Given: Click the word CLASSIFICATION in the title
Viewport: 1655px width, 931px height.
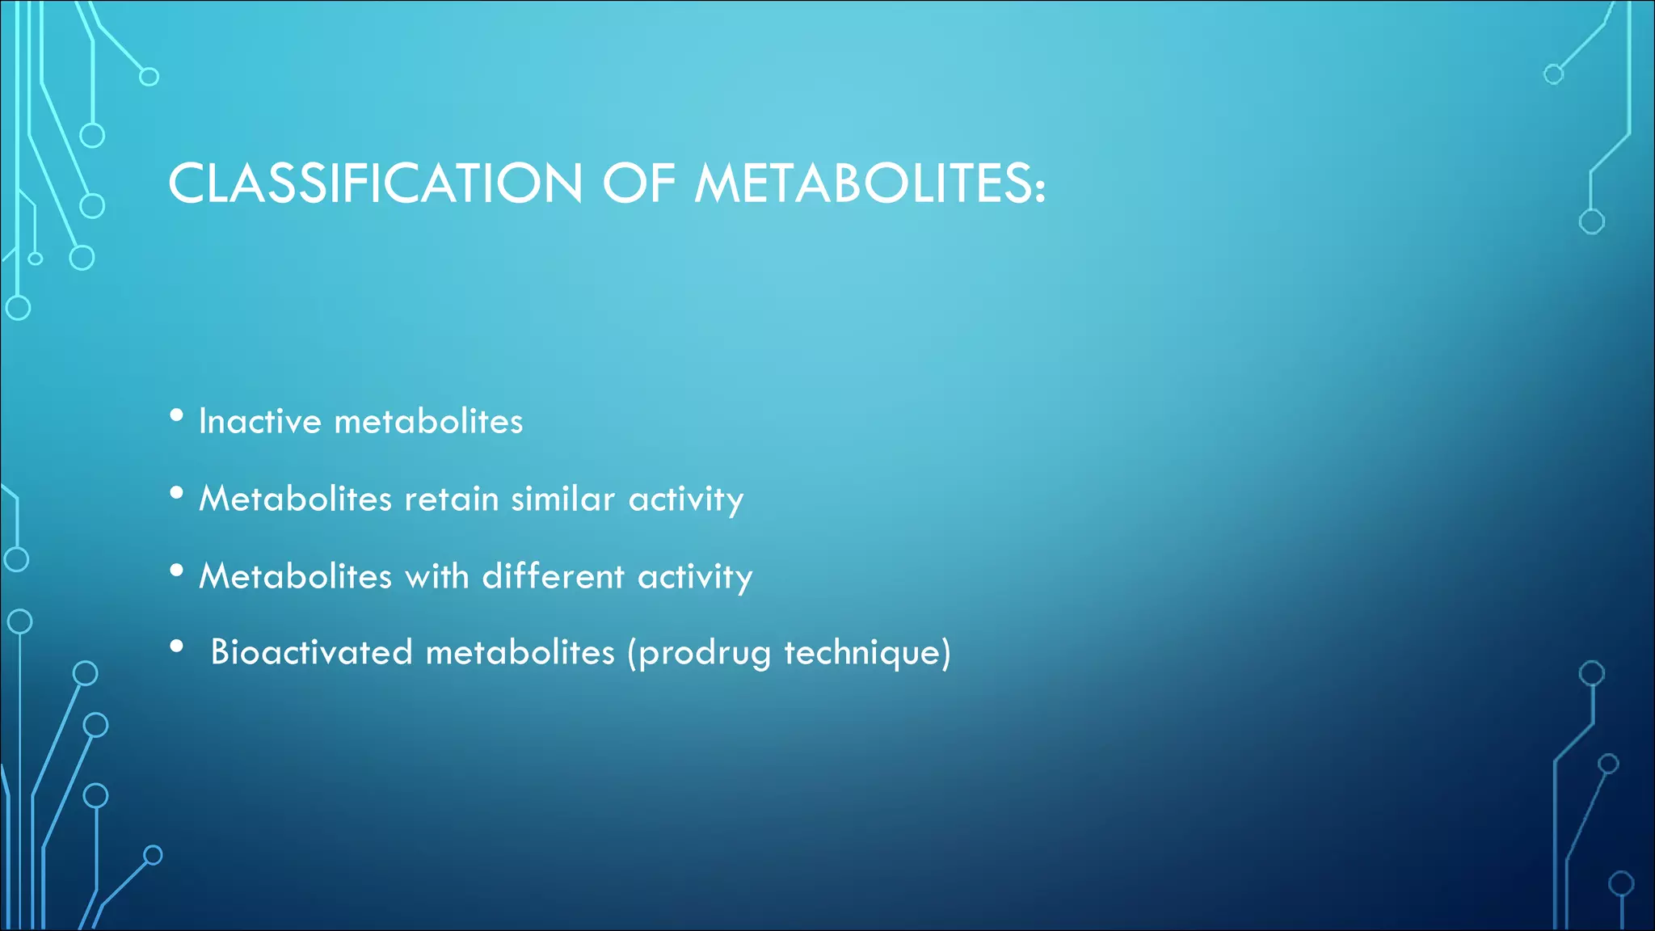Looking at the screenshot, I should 375,183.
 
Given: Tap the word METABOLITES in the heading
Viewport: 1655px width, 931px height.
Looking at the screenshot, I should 863,183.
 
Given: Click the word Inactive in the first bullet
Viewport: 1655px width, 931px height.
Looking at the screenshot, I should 260,421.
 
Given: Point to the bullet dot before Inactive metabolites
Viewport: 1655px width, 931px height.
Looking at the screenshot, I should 177,416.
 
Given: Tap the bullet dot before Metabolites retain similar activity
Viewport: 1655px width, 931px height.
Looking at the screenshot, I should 177,493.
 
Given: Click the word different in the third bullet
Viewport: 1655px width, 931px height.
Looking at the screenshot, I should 554,576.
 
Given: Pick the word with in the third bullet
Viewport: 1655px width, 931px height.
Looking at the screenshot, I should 436,576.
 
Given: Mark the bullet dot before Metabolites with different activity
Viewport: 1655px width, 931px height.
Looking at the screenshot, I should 177,571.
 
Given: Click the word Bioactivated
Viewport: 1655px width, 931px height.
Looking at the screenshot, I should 311,652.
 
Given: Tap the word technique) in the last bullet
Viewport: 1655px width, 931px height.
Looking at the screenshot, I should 868,653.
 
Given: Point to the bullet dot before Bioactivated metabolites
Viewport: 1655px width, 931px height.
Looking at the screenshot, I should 177,647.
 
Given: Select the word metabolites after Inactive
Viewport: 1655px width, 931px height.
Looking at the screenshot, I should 428,421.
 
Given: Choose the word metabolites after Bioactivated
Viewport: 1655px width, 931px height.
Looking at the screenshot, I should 520,652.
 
